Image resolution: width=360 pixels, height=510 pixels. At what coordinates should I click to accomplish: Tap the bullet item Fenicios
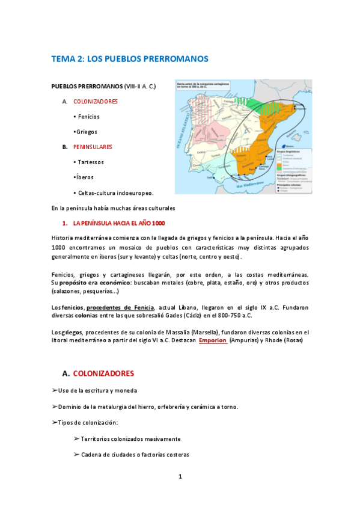(x=87, y=117)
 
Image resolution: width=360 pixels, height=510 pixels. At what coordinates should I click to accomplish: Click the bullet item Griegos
(x=85, y=132)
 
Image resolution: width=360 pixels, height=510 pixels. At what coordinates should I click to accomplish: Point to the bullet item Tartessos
(x=89, y=162)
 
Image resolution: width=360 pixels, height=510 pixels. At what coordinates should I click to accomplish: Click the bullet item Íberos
(x=84, y=177)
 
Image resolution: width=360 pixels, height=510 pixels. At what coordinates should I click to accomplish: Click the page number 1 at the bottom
(x=180, y=477)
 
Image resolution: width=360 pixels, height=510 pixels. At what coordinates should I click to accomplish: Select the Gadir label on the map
(x=210, y=177)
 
